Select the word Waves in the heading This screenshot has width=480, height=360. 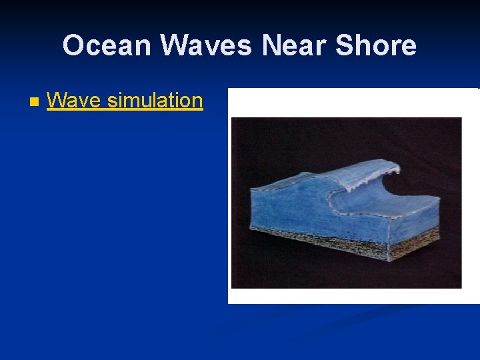206,45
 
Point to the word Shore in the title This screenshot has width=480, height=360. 376,45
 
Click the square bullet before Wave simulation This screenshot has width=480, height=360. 34,103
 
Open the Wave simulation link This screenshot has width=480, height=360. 125,101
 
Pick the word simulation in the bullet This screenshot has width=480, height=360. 155,101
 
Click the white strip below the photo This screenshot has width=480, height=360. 353,296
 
